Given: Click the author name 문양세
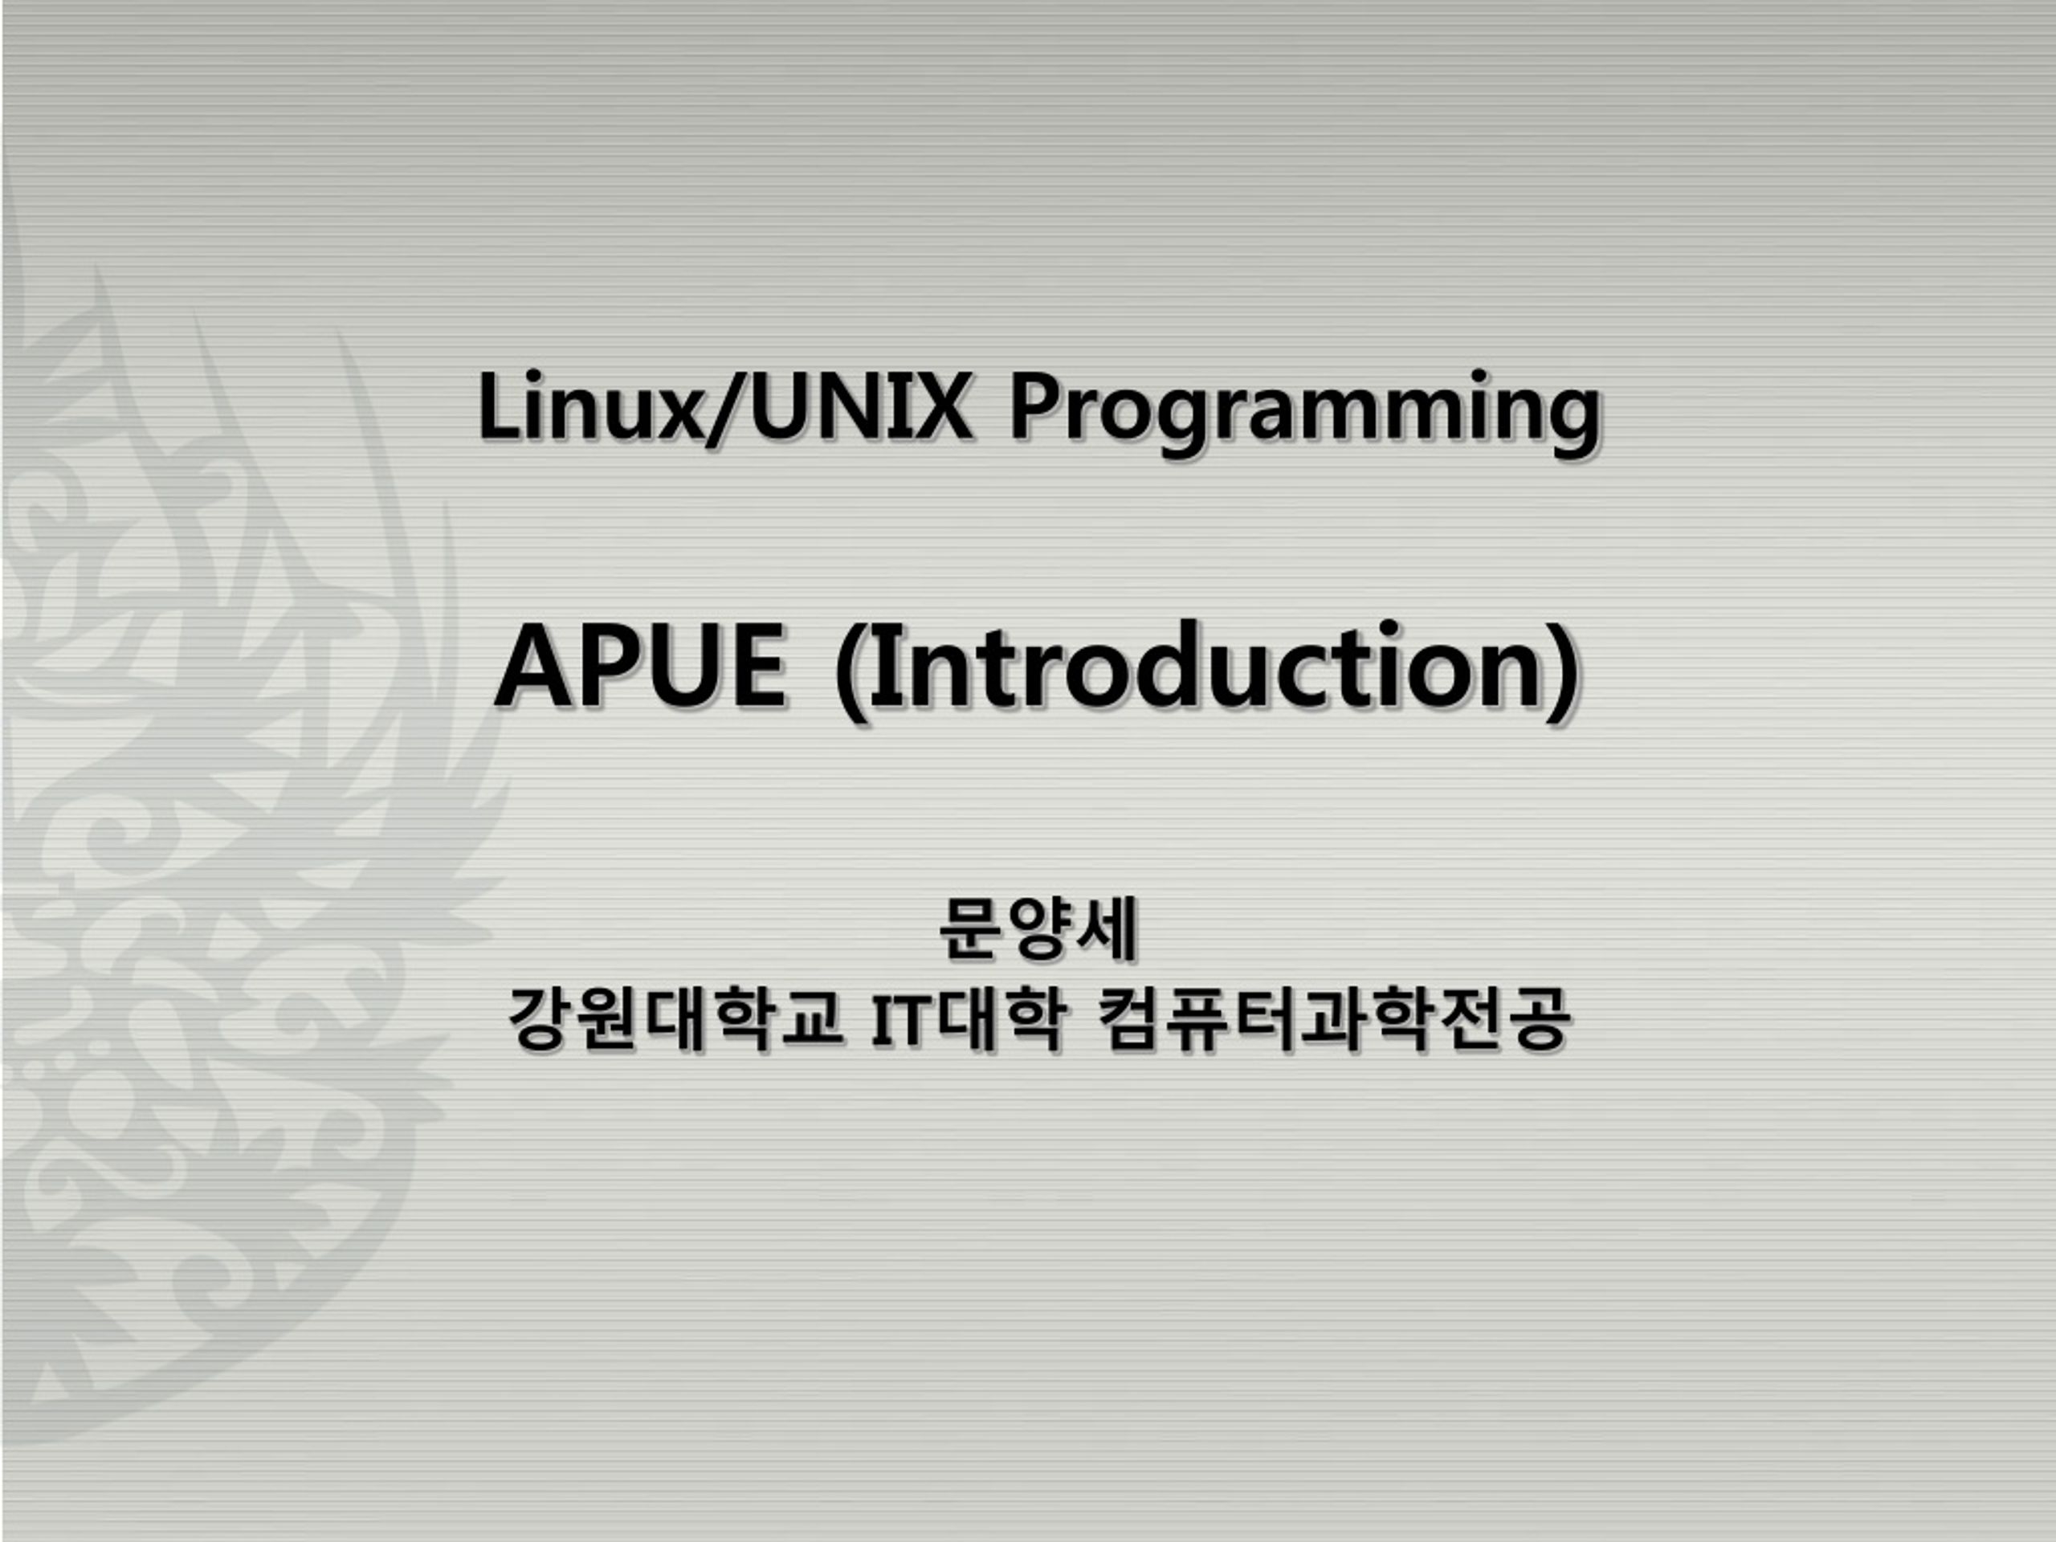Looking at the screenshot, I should (x=1038, y=928).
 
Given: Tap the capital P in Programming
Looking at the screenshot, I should (x=1034, y=406).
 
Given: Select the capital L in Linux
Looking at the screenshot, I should (x=496, y=406).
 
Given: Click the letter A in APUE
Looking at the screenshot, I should (x=532, y=667).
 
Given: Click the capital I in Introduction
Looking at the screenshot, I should (x=881, y=667).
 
